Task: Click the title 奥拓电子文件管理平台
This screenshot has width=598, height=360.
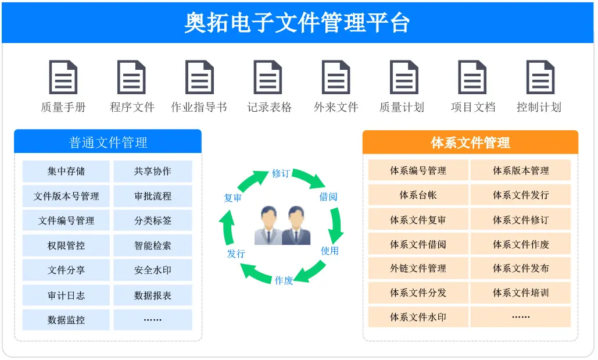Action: (298, 23)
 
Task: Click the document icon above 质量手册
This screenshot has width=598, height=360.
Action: (63, 77)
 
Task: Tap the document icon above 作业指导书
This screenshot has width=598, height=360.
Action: (199, 77)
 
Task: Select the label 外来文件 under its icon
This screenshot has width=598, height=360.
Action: (336, 108)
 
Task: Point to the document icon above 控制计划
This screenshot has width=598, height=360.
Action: (540, 77)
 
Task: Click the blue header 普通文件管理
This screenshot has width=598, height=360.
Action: (108, 142)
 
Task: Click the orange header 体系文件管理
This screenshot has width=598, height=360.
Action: (470, 142)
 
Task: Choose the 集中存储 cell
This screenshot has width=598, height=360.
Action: (66, 172)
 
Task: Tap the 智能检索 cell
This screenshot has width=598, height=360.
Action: (153, 245)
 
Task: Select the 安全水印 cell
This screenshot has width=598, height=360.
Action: (153, 270)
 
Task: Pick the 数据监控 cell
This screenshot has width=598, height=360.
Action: (66, 320)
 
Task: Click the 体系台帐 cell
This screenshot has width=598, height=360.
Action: (418, 195)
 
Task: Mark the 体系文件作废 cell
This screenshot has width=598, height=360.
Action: (521, 244)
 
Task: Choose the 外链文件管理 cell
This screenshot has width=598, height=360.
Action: (418, 269)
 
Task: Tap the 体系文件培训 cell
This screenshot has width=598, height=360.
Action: (521, 293)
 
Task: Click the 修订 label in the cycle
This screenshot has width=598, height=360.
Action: (281, 173)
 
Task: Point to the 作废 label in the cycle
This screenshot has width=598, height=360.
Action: (284, 280)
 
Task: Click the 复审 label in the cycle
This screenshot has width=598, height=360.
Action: (233, 198)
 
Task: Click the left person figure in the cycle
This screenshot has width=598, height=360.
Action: (268, 226)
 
